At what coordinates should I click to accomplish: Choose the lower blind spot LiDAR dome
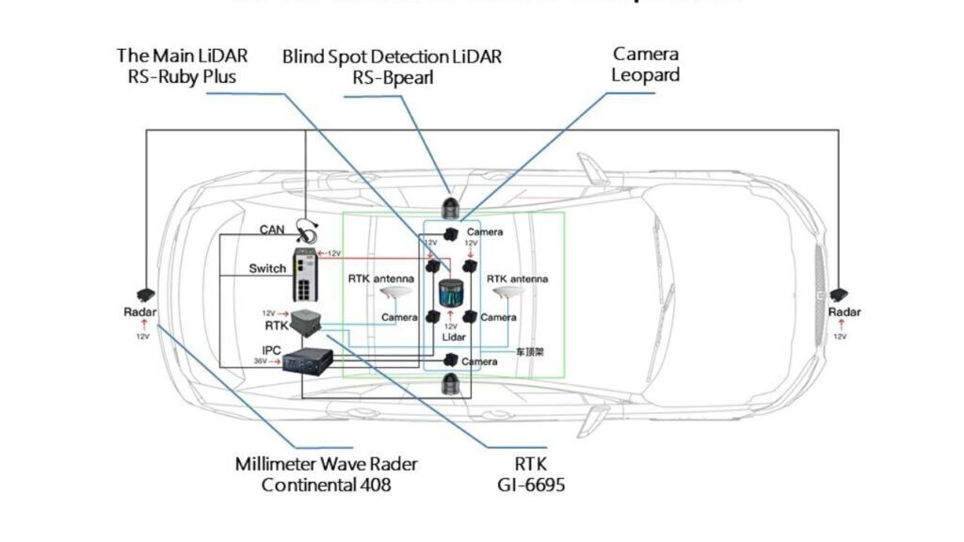point(452,382)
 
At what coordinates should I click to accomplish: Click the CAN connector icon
point(304,228)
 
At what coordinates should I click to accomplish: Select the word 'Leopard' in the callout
point(646,75)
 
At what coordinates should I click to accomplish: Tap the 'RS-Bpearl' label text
point(393,78)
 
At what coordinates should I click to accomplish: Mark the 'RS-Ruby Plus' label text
point(182,77)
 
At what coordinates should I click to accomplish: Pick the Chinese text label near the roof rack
point(525,351)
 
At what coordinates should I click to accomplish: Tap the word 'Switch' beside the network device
point(267,268)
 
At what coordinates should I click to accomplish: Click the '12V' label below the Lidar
point(452,327)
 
